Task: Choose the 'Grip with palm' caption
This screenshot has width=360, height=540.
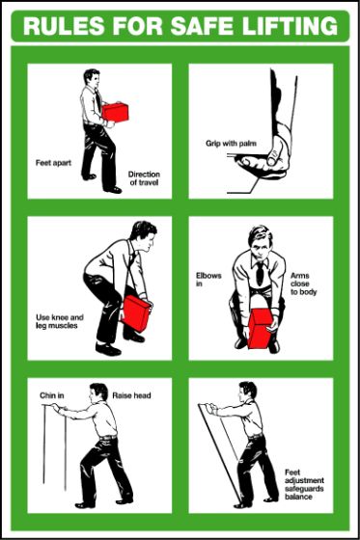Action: click(x=226, y=143)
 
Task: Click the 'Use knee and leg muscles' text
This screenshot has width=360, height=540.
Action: click(x=59, y=320)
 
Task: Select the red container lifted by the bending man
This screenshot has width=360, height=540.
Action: click(x=135, y=313)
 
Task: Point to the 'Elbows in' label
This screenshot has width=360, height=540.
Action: click(x=208, y=280)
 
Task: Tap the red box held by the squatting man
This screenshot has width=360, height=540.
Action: click(x=261, y=329)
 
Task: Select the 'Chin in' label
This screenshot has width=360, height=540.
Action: click(x=51, y=394)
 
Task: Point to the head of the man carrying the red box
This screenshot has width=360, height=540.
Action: click(x=91, y=80)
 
